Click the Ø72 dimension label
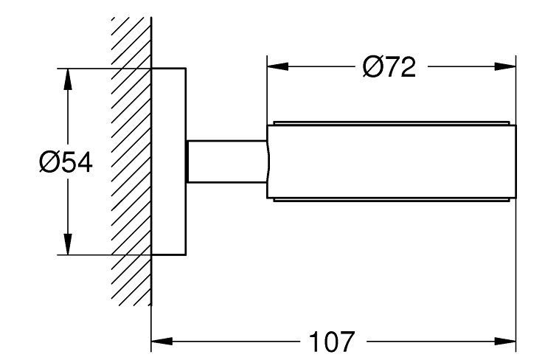[390, 67]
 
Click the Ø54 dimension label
[65, 162]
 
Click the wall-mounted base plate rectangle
[169, 162]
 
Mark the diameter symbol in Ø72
[372, 67]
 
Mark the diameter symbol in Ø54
[47, 162]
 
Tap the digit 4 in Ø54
[83, 162]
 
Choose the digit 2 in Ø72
[408, 67]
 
